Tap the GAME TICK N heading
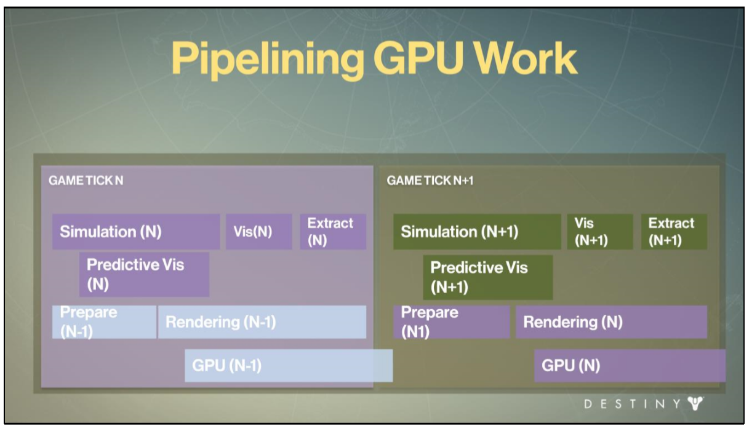pos(86,181)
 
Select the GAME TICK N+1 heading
pos(430,181)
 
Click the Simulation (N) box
pos(135,232)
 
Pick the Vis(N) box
pos(258,232)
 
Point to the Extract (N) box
pos(333,232)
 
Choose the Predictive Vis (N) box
pos(144,274)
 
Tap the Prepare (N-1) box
pos(104,322)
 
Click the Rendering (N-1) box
pos(262,322)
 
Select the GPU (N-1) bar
pos(288,365)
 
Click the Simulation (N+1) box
pos(477,232)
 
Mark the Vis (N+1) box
pos(599,232)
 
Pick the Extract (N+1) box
pos(674,232)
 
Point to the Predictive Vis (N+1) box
pos(487,277)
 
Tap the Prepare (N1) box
pos(451,322)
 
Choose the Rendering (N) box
pos(611,322)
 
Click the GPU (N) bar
pos(630,366)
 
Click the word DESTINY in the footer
pos(630,404)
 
